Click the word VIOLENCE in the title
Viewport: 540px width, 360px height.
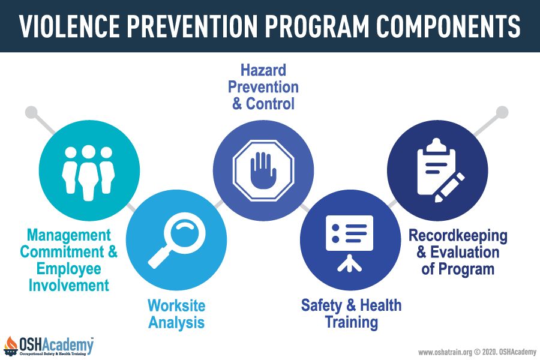point(69,26)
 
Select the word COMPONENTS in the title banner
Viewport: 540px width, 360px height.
point(448,26)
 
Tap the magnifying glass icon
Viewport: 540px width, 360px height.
point(176,240)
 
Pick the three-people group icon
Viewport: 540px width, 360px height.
point(89,172)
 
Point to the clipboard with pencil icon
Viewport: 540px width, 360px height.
point(440,170)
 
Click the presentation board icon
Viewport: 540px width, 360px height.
point(349,243)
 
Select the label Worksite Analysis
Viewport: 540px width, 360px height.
point(176,314)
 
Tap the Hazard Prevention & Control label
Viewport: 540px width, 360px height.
point(263,87)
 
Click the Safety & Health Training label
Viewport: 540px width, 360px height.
point(351,314)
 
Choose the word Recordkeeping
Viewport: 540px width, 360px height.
point(458,236)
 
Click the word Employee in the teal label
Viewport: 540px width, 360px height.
point(69,269)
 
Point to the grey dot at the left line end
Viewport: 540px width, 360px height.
point(31,112)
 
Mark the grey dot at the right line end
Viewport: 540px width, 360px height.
point(502,112)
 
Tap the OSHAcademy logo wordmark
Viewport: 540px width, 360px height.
point(56,345)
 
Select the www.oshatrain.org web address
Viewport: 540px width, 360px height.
point(445,352)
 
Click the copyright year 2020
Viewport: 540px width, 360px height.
point(489,352)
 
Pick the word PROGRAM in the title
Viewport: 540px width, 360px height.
point(316,26)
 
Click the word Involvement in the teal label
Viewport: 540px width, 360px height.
point(69,285)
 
